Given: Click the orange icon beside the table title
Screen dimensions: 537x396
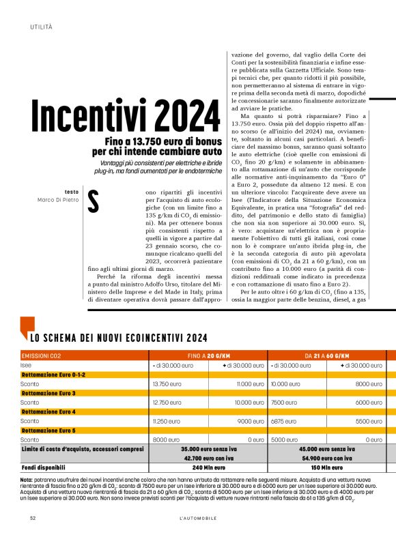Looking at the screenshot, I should (25, 327).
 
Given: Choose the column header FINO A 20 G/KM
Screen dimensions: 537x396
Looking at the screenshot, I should (208, 356).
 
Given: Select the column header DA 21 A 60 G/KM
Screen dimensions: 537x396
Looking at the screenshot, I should (326, 356).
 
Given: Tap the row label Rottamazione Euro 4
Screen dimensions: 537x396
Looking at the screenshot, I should (48, 412).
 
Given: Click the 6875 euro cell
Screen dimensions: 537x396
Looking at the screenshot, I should (283, 422).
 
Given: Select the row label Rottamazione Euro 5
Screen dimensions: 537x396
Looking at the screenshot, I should (48, 431).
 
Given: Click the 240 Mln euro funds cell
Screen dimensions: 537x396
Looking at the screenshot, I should (208, 468).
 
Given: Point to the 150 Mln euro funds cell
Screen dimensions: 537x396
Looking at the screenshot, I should (326, 468).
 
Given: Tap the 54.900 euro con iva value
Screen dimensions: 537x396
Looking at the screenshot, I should (326, 459).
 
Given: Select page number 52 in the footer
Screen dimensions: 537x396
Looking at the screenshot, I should (33, 518).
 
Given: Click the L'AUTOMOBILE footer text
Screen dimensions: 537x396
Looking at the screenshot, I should (198, 518).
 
